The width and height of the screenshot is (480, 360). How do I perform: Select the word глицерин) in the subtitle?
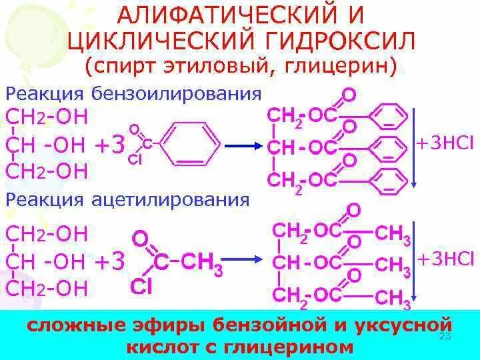click(x=341, y=66)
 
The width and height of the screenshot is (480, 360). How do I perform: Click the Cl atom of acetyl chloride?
click(x=141, y=285)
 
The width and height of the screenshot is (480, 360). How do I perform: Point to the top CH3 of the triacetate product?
click(x=393, y=234)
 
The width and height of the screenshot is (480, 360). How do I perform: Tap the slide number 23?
click(x=445, y=337)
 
